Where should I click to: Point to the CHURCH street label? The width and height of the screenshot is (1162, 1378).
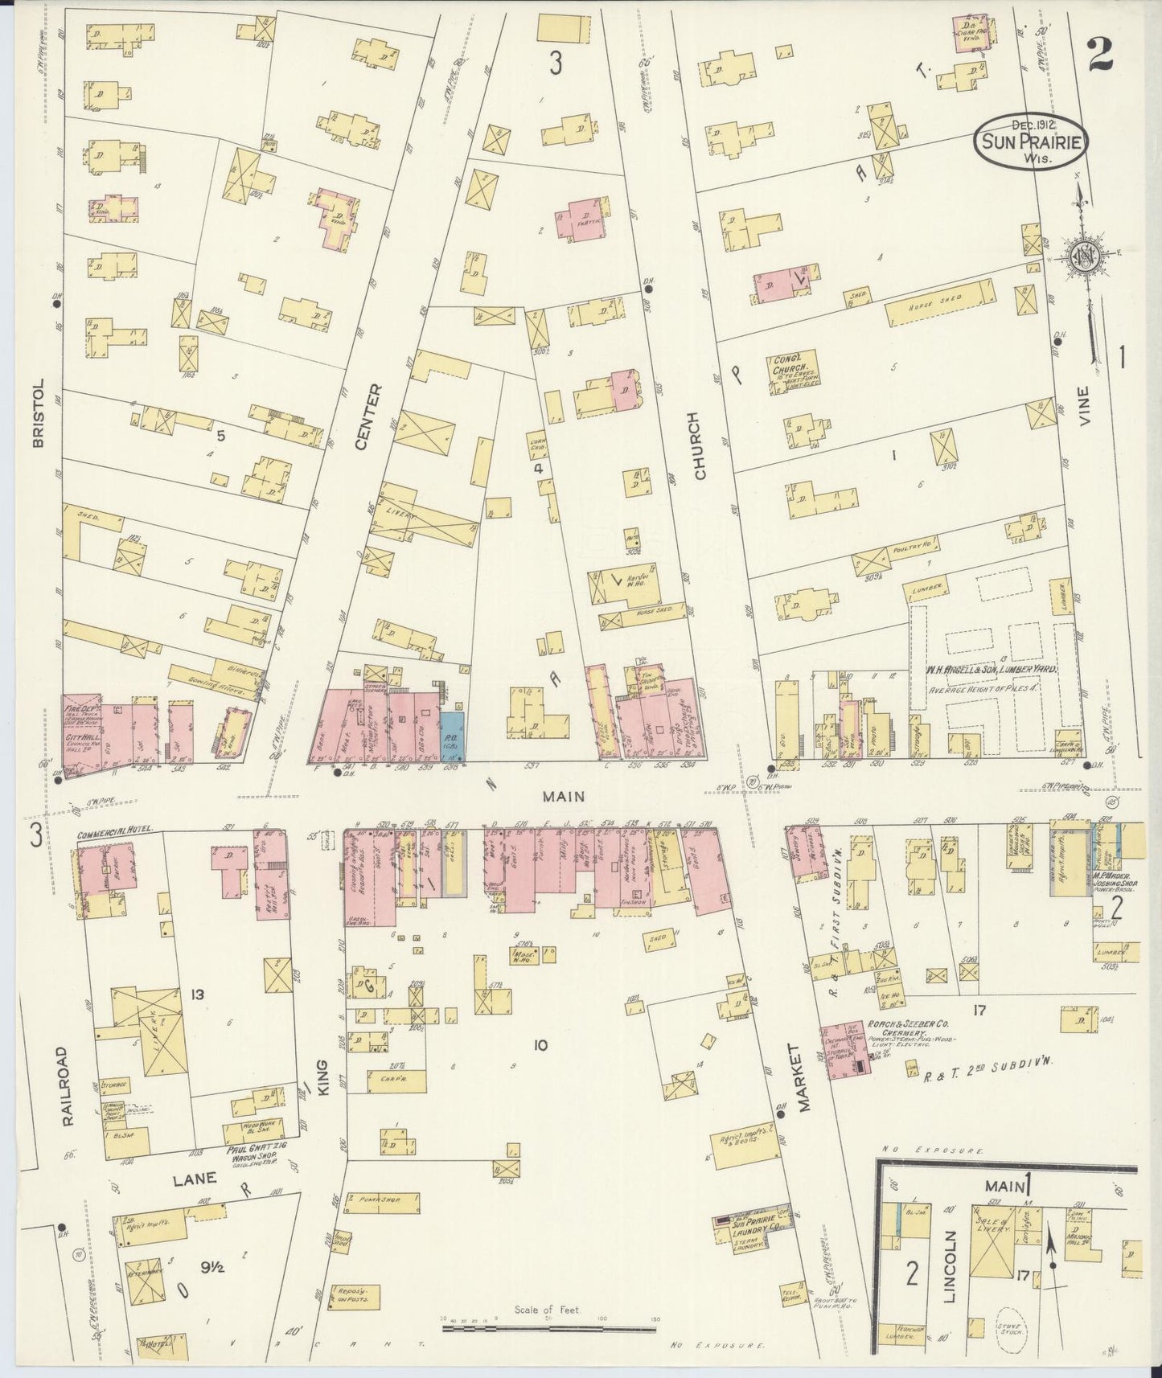pyautogui.click(x=698, y=447)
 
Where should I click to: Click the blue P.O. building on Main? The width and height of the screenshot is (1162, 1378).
pyautogui.click(x=451, y=733)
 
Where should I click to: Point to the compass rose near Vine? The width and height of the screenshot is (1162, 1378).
pyautogui.click(x=1082, y=259)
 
